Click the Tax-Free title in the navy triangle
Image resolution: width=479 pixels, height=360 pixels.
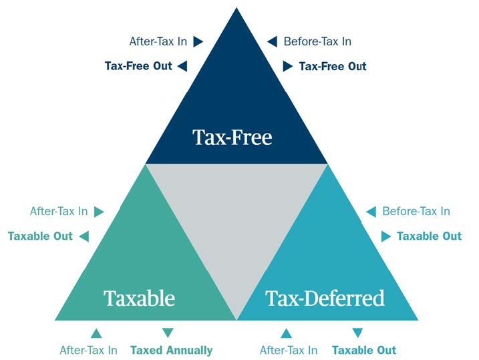coord(232,137)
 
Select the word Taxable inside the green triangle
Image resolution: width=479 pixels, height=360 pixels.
coord(140,298)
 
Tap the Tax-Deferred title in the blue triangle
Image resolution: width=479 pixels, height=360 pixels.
coord(325,298)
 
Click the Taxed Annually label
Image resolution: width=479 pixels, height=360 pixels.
coord(172,350)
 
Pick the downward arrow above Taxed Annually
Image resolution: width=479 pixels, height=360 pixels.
coord(168,333)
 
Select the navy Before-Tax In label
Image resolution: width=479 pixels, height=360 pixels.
coord(318,41)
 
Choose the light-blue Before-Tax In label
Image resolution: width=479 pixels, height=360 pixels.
coord(416,211)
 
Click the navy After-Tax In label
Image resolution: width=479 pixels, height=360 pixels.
coord(158,41)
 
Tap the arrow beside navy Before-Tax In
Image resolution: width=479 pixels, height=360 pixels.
coord(272,41)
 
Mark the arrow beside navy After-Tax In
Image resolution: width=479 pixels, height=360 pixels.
coord(198,41)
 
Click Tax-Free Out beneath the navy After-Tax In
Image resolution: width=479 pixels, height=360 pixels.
coord(138,66)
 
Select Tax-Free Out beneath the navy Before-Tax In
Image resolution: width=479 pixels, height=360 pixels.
coord(333,66)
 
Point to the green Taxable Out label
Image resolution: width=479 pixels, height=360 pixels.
coord(40,236)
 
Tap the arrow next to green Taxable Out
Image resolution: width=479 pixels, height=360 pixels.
coord(84,236)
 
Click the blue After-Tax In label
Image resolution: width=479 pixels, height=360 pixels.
coord(289,350)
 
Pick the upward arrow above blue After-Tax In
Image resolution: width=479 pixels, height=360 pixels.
coord(286,333)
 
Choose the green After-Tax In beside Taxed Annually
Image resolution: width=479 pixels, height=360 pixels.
coord(89,350)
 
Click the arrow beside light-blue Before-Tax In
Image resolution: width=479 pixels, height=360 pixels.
coord(371,211)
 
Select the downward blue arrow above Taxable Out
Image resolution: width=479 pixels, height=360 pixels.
coord(357,333)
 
